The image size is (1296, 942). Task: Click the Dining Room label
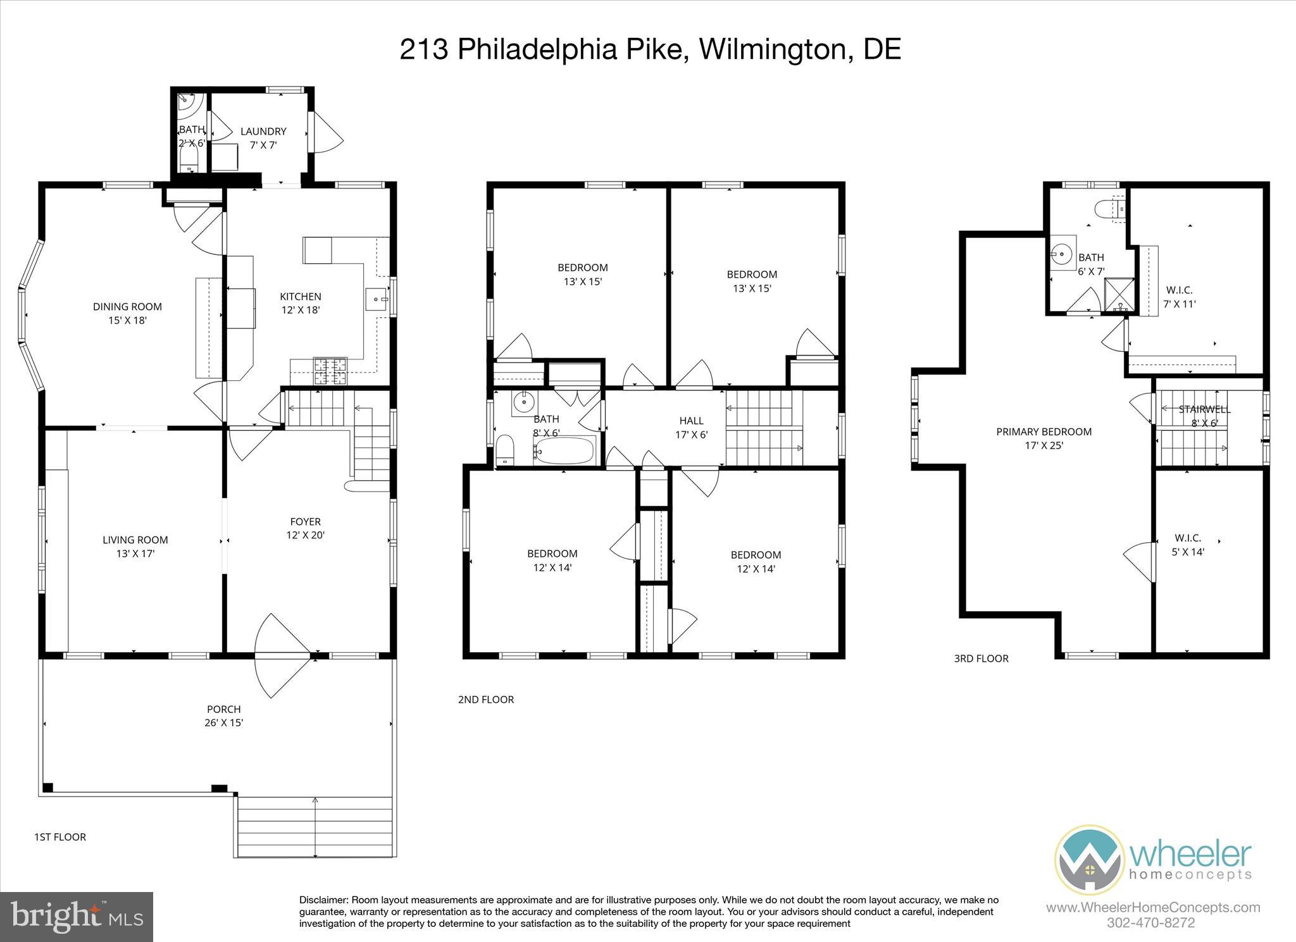click(x=127, y=307)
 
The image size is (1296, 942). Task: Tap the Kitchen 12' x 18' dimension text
click(x=301, y=311)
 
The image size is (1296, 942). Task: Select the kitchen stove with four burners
click(x=331, y=371)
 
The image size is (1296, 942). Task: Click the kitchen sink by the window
click(x=377, y=298)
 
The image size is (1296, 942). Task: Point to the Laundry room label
click(x=263, y=132)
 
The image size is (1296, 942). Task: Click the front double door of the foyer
click(x=282, y=656)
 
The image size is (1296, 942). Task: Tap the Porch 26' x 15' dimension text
click(x=223, y=723)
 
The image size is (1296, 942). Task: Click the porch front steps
click(x=315, y=826)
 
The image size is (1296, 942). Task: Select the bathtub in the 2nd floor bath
click(x=564, y=451)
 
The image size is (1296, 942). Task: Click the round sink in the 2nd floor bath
click(x=523, y=401)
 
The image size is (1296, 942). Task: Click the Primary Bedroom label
click(x=1044, y=432)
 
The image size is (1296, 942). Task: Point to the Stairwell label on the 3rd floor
click(x=1204, y=410)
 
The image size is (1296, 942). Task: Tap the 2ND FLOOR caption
click(x=485, y=700)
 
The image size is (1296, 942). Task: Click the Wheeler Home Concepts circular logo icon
click(x=1089, y=859)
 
